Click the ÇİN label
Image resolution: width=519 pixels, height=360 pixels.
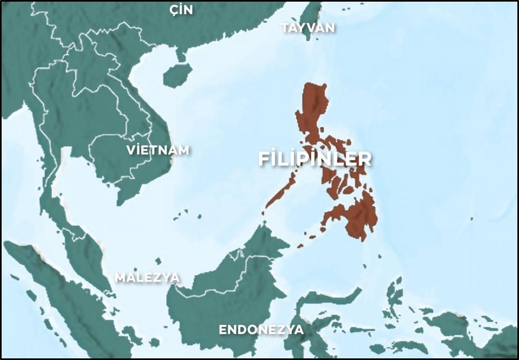(181, 9)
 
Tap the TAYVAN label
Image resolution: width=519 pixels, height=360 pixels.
(308, 28)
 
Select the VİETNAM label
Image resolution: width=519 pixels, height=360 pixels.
(157, 150)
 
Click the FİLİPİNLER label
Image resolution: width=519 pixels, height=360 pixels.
(315, 159)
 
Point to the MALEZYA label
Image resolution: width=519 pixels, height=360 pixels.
(147, 277)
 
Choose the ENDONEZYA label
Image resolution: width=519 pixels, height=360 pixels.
(261, 330)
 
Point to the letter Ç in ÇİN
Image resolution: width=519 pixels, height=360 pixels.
(173, 9)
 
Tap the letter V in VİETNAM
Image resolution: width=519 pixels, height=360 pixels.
(130, 150)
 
